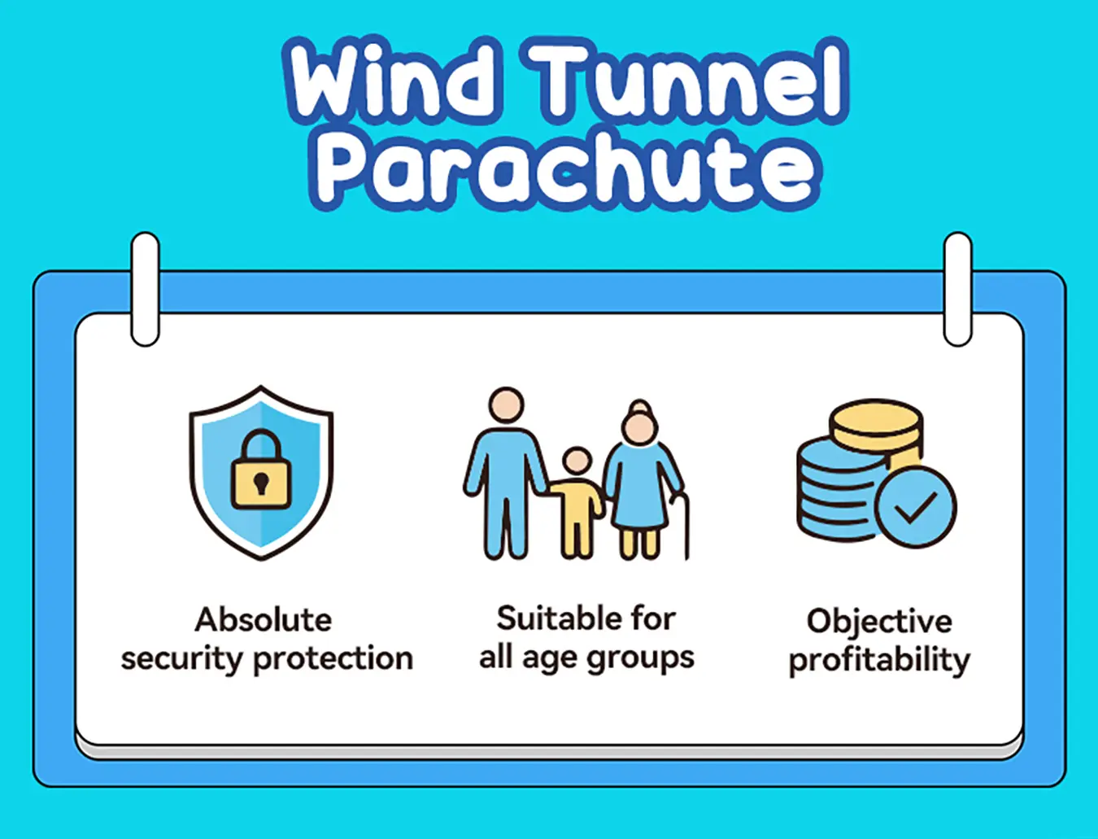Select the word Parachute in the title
(x=565, y=170)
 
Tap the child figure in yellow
(x=577, y=502)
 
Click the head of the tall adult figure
(x=506, y=405)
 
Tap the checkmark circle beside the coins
(x=916, y=507)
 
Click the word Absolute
(x=264, y=620)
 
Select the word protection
(x=333, y=659)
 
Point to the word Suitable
(x=549, y=618)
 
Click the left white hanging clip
(x=145, y=289)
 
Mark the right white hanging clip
(x=957, y=289)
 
